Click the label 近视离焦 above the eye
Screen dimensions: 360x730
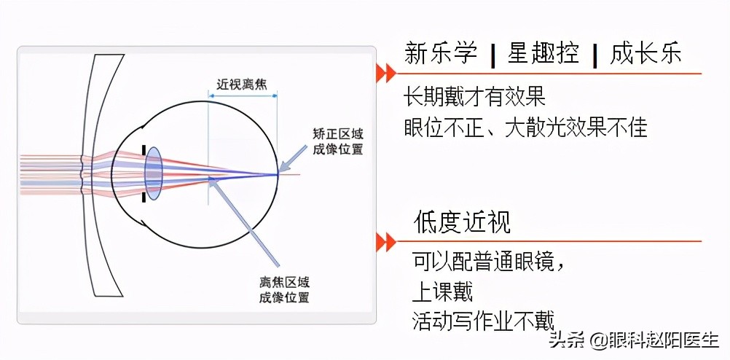pos(243,85)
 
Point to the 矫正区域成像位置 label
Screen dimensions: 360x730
pos(338,142)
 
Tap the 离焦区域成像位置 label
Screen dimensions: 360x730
pos(284,290)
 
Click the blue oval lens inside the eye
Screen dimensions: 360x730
pos(153,173)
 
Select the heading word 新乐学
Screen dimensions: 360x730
pos(441,54)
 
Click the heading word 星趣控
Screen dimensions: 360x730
pos(544,54)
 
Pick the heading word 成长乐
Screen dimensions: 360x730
pos(647,54)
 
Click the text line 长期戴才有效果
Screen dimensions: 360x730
pos(475,98)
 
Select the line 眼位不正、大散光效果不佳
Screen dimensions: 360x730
pos(526,128)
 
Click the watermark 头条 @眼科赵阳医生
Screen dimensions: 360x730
pos(634,340)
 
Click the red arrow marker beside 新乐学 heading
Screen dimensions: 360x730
pos(385,73)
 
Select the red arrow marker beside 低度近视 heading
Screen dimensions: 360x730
pos(385,241)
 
